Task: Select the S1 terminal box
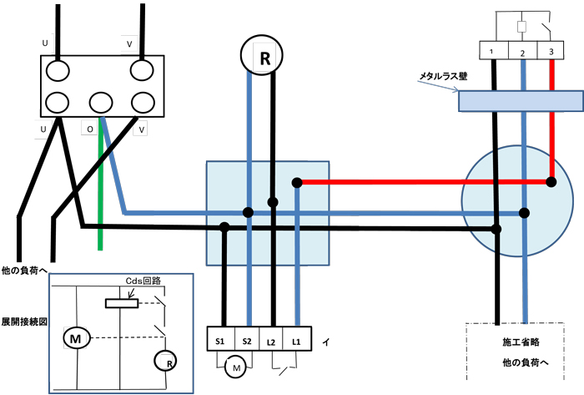coord(220,341)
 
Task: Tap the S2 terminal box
coord(247,341)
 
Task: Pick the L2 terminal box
coord(272,341)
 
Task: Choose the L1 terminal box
coord(297,341)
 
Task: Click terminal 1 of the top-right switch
coord(494,52)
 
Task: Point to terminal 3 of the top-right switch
coord(550,52)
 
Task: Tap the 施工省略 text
coord(518,342)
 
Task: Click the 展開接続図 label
coord(23,321)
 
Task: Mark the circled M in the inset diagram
coord(76,337)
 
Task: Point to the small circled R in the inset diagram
coord(164,362)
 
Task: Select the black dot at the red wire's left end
coord(296,183)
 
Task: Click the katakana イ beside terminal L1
coord(325,342)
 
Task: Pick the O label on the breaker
coord(89,129)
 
